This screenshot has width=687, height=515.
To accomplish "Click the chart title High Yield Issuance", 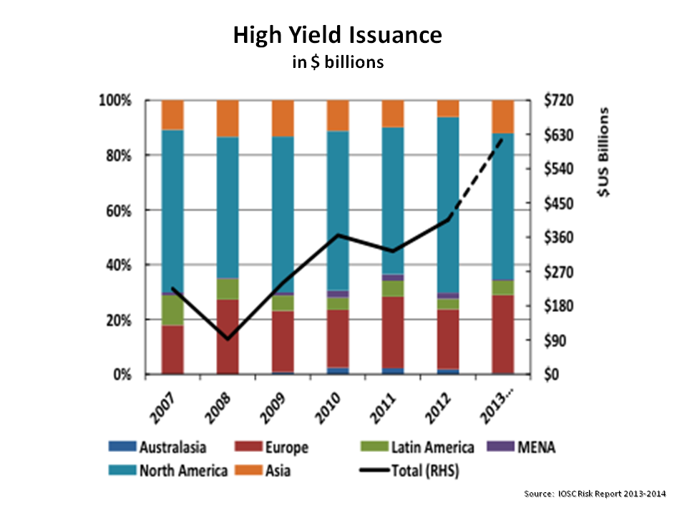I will point(337,36).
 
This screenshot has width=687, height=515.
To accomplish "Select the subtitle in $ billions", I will point(337,62).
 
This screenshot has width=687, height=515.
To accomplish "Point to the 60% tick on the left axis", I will point(118,210).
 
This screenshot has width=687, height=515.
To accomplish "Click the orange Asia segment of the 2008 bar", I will point(228,118).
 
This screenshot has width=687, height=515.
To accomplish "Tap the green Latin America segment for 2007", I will point(172,310).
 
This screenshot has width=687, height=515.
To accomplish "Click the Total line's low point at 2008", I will point(228,338).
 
